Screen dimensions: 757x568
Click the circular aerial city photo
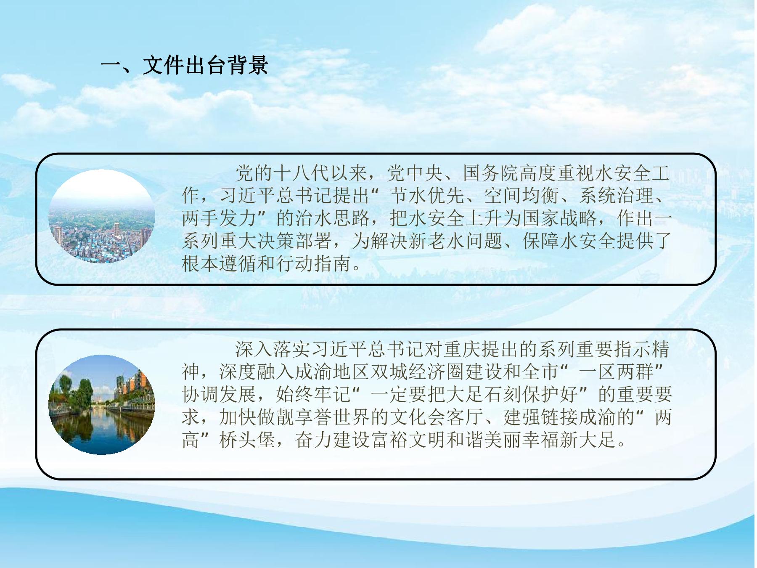[102, 216]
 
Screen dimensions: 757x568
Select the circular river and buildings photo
[102, 405]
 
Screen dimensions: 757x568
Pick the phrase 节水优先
[427, 196]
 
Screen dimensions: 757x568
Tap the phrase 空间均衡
[522, 196]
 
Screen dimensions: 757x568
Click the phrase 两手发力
[219, 218]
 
